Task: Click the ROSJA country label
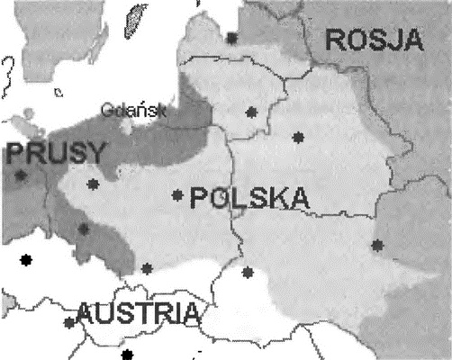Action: pos(375,40)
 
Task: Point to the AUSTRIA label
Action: pos(137,313)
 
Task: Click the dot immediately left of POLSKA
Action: pos(177,195)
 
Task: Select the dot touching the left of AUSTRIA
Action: pos(69,321)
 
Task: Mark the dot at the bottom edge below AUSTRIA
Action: pos(126,353)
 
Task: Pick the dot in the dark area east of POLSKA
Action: pos(376,245)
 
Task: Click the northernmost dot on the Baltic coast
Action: pos(232,38)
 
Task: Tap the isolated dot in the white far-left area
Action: pos(26,261)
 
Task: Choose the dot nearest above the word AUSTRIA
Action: pos(147,268)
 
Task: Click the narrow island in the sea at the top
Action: pos(136,18)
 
